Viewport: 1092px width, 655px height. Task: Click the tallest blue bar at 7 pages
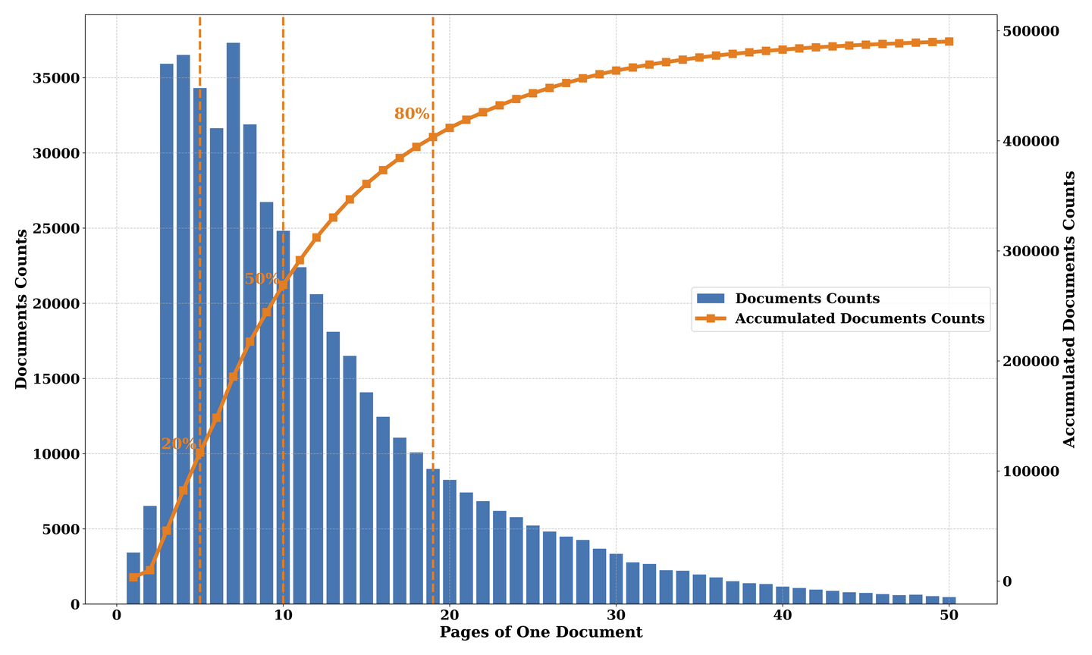click(x=233, y=318)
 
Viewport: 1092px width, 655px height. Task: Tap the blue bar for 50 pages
click(x=949, y=600)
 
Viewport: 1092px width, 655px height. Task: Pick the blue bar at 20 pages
click(x=450, y=541)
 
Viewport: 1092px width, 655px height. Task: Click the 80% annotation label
click(x=412, y=114)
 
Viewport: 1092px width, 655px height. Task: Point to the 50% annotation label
click(x=260, y=279)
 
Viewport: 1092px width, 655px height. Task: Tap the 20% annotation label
click(x=177, y=444)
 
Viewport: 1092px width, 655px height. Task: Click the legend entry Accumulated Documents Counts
click(x=859, y=319)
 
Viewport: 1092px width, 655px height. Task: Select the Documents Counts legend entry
click(x=807, y=299)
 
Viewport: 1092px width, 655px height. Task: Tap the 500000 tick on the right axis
click(x=1031, y=31)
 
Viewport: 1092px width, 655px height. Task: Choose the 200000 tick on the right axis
click(x=1031, y=362)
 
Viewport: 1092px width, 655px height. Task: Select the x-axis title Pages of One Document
click(x=541, y=632)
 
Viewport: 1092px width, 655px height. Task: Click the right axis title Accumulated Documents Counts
click(x=1069, y=309)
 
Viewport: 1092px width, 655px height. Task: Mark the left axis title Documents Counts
click(x=21, y=309)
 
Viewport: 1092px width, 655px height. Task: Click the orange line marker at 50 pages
click(x=949, y=42)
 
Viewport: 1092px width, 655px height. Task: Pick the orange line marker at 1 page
click(x=133, y=577)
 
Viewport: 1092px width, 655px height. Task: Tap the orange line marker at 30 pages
click(x=616, y=71)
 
